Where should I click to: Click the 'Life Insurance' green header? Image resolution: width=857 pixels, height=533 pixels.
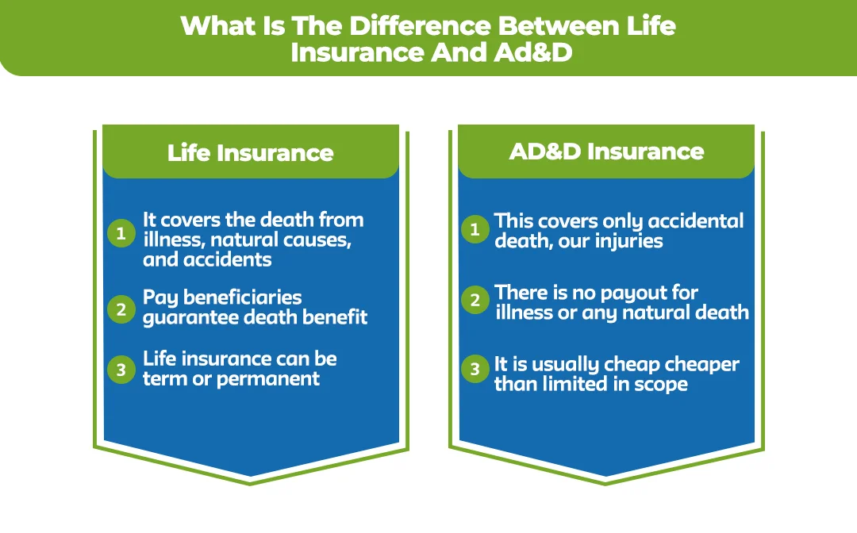[x=250, y=152]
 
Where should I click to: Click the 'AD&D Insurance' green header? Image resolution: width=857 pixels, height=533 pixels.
[x=606, y=151]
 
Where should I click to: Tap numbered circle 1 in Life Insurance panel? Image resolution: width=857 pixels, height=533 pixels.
[x=121, y=233]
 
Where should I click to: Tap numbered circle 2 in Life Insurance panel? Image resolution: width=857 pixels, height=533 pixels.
[x=121, y=309]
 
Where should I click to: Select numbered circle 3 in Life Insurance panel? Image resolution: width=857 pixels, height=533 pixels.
[x=121, y=370]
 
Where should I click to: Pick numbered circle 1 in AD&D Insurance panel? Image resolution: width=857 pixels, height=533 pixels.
[x=475, y=230]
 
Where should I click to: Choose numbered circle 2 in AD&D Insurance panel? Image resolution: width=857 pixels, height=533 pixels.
[x=475, y=300]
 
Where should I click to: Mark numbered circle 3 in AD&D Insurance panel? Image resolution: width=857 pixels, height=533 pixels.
[x=475, y=369]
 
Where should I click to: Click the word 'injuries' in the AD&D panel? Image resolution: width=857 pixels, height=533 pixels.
[x=624, y=240]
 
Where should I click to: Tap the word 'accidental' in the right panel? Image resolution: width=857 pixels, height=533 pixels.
[x=695, y=220]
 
